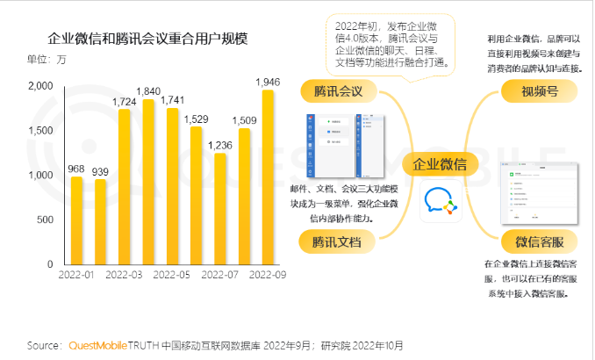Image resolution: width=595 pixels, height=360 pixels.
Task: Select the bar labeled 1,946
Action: pyautogui.click(x=268, y=176)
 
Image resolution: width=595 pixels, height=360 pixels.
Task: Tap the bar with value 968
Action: pyautogui.click(x=77, y=220)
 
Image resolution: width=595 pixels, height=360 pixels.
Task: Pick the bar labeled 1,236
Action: pyautogui.click(x=220, y=208)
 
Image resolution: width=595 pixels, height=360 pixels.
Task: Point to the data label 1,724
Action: pyautogui.click(x=125, y=102)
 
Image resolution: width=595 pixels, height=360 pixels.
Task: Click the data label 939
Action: pyautogui.click(x=101, y=171)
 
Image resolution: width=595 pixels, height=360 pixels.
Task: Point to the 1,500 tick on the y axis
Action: pyautogui.click(x=40, y=131)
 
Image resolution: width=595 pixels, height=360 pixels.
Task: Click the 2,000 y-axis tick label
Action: pyautogui.click(x=40, y=86)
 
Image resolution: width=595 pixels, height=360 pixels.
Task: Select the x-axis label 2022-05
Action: pyautogui.click(x=173, y=275)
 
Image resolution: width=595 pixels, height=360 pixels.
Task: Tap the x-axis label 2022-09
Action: pyautogui.click(x=268, y=275)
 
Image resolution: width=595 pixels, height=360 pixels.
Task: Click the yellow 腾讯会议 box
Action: pyautogui.click(x=338, y=90)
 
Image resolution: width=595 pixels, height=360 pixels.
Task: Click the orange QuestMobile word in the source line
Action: pyautogui.click(x=98, y=345)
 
